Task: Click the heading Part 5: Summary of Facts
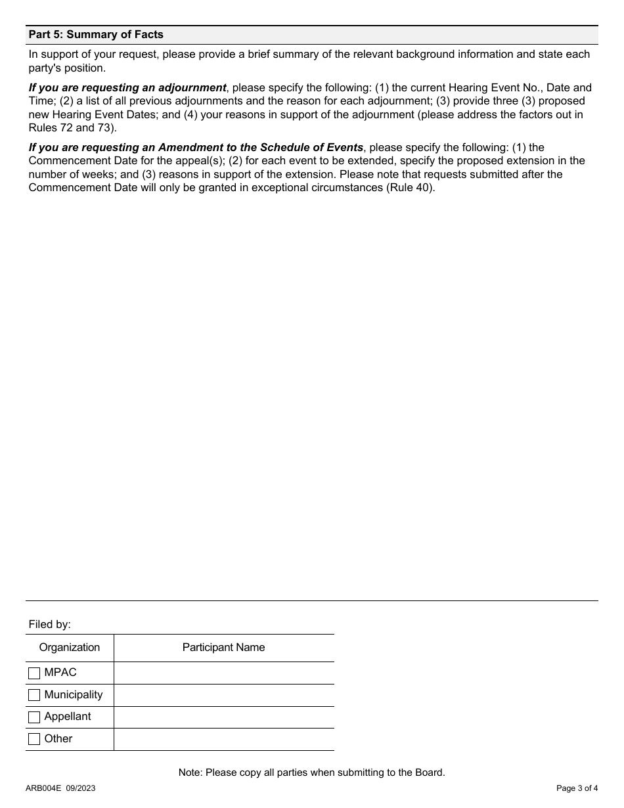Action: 96,34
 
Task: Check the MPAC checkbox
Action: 34,673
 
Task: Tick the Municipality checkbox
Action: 34,695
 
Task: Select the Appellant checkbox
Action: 34,717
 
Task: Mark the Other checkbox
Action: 34,739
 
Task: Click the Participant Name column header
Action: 223,648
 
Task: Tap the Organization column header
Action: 70,648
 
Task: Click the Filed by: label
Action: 50,625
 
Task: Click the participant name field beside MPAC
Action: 223,673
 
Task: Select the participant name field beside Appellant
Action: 223,717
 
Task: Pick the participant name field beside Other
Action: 223,739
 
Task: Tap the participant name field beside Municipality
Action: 223,695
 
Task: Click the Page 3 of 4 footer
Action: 577,788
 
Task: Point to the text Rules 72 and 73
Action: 71,127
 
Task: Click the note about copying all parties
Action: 311,773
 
